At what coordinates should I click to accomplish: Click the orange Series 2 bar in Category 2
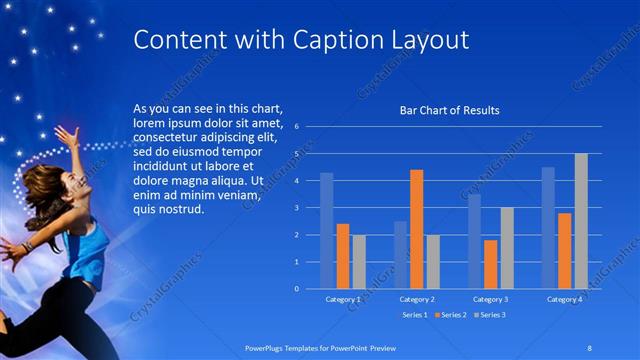tap(416, 230)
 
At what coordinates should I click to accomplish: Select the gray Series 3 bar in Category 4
tap(581, 221)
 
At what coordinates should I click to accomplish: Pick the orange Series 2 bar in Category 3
tap(490, 264)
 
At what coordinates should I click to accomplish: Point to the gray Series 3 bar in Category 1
tap(359, 262)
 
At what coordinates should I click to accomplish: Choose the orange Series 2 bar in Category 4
tap(565, 251)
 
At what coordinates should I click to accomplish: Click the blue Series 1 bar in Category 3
tap(474, 241)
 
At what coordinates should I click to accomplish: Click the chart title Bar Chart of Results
tap(449, 110)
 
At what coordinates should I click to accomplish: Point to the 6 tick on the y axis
tap(296, 127)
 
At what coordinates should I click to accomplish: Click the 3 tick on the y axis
tap(296, 208)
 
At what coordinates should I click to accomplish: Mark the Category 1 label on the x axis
tap(343, 299)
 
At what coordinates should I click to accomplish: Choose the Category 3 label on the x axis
tap(490, 299)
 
